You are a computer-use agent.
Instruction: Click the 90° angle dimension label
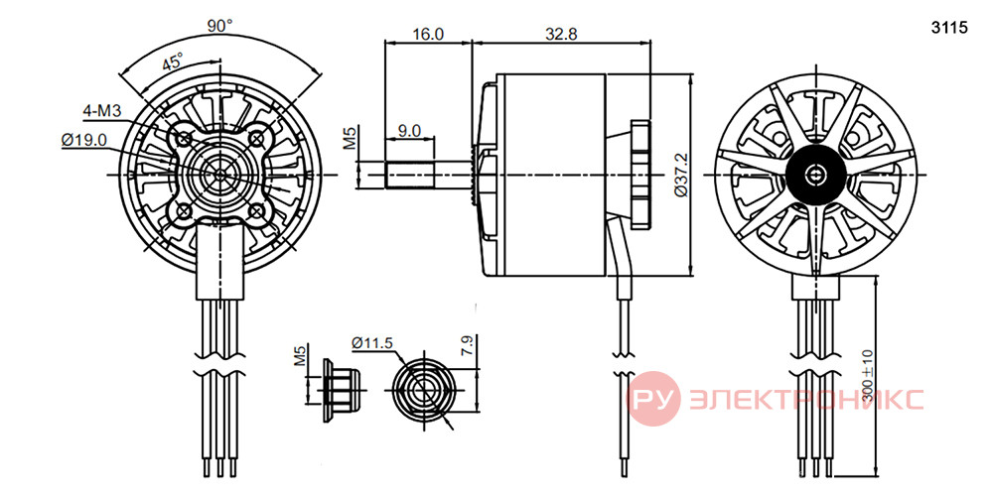220,26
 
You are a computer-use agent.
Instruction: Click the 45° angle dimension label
173,63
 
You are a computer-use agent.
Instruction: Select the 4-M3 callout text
102,111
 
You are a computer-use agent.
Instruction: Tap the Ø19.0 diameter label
84,141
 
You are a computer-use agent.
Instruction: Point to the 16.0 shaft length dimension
428,34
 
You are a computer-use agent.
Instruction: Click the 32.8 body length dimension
562,34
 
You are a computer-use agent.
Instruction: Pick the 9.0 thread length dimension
410,131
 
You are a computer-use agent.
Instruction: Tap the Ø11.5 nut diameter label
373,342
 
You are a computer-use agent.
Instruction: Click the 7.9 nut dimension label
468,346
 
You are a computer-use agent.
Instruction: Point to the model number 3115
950,28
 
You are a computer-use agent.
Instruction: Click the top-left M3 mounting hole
185,137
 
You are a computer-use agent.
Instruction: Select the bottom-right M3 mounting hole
256,210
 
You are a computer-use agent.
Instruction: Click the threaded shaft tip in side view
410,174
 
